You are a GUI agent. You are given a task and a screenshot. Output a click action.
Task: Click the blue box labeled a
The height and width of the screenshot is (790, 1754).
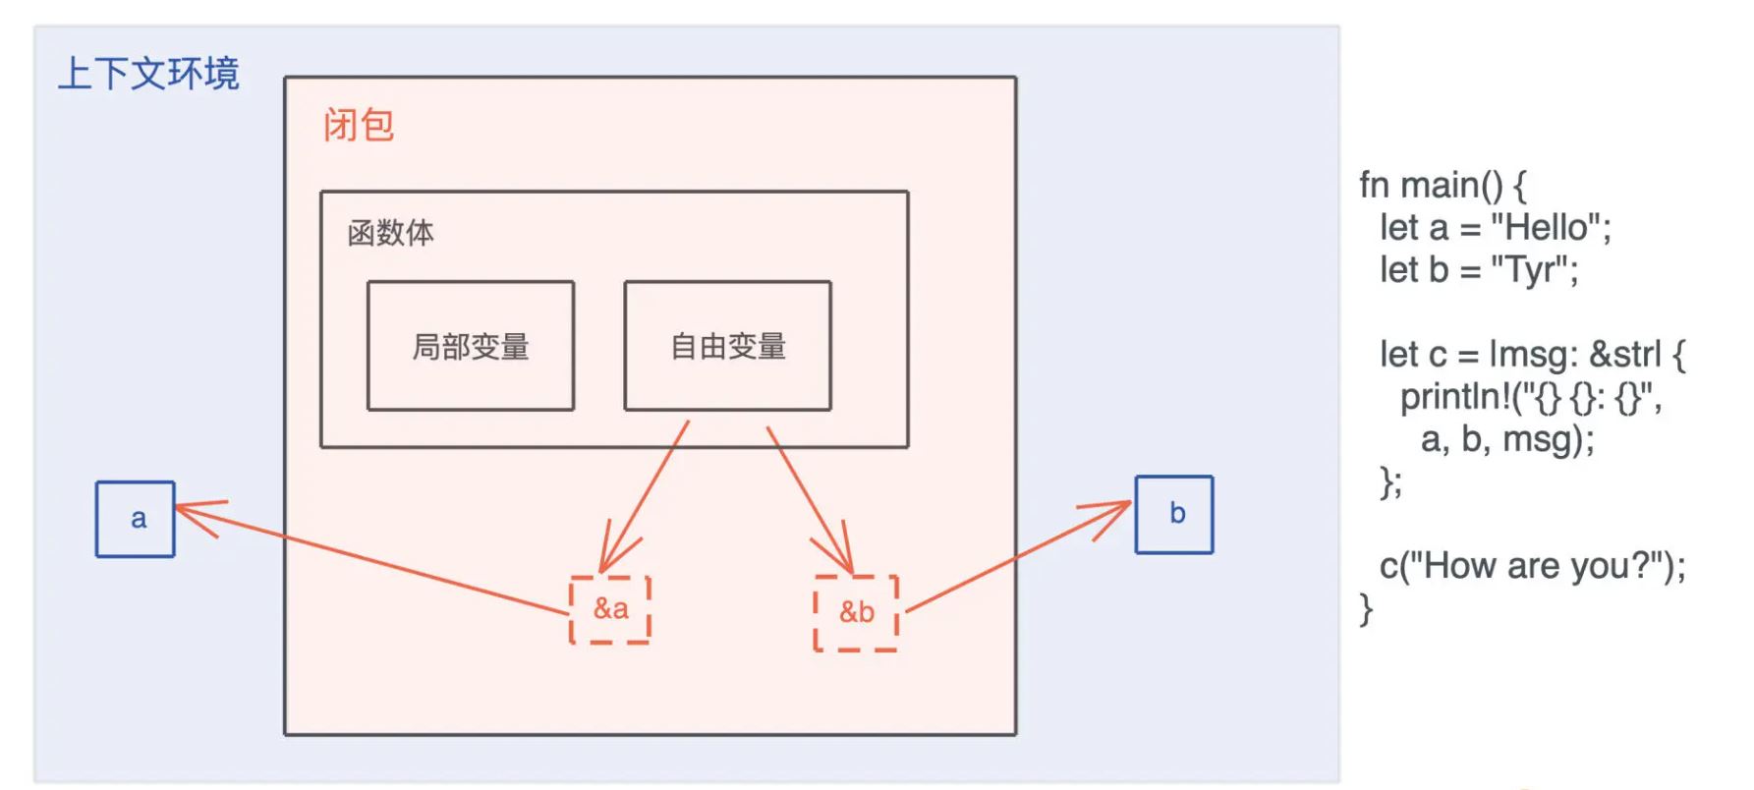pos(136,519)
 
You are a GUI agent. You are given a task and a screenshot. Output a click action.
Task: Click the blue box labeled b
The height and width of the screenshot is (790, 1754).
pos(1174,515)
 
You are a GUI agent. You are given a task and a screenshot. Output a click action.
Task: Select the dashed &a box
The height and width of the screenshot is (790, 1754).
pos(610,609)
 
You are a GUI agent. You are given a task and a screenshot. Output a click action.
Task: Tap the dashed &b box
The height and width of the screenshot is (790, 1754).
pos(856,613)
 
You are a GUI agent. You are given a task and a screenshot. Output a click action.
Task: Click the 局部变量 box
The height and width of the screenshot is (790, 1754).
pos(471,346)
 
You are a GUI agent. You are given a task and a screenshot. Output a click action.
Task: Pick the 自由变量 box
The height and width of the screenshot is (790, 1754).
pos(727,346)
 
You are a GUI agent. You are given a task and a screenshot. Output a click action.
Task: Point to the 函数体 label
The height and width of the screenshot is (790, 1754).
pos(390,233)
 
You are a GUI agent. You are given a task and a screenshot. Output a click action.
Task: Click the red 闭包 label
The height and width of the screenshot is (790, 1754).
pos(359,126)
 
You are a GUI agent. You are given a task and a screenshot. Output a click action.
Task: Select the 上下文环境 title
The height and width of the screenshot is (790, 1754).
pos(148,74)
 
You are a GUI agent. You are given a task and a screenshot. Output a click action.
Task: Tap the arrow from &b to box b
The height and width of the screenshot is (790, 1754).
pos(1012,558)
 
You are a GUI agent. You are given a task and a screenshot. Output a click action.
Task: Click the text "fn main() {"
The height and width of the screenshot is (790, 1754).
pos(1442,185)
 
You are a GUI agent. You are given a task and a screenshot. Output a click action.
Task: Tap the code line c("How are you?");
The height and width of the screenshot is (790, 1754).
pos(1532,566)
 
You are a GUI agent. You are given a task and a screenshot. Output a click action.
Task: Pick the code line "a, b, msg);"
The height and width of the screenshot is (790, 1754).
pos(1506,439)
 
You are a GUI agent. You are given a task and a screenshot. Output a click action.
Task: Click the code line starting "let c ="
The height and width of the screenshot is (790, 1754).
pos(1532,355)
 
